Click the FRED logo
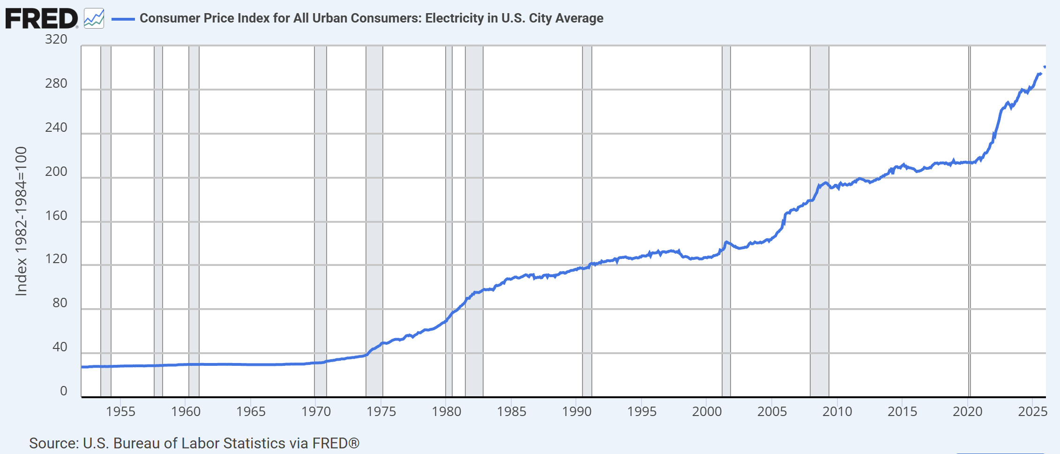tap(41, 19)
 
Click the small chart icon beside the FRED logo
tap(94, 19)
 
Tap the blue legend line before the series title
tap(123, 19)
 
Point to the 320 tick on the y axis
tap(56, 39)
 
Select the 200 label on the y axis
tap(56, 172)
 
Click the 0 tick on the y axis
tap(64, 391)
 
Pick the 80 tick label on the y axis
tap(60, 303)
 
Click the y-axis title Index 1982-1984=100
tap(21, 221)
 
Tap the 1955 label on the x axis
tap(120, 412)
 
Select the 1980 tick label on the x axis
tap(446, 412)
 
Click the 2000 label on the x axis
tap(707, 412)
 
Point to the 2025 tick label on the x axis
tap(1032, 412)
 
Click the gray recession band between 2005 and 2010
tap(819, 281)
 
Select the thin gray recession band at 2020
tap(969, 281)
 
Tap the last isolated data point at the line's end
tap(1045, 67)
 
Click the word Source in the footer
tap(53, 443)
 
